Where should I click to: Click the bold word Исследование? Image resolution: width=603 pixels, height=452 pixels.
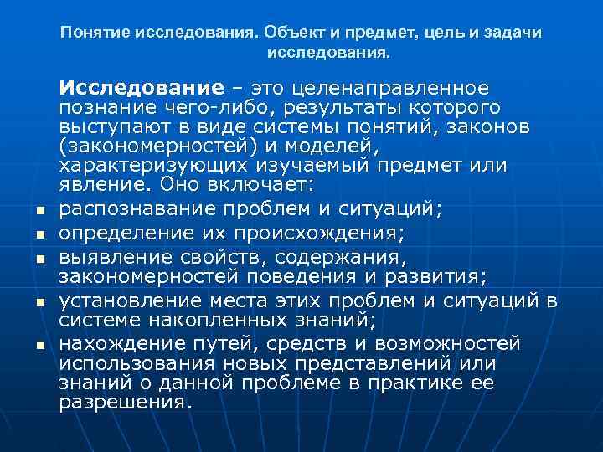141,89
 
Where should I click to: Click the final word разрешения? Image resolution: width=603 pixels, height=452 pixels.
126,402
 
